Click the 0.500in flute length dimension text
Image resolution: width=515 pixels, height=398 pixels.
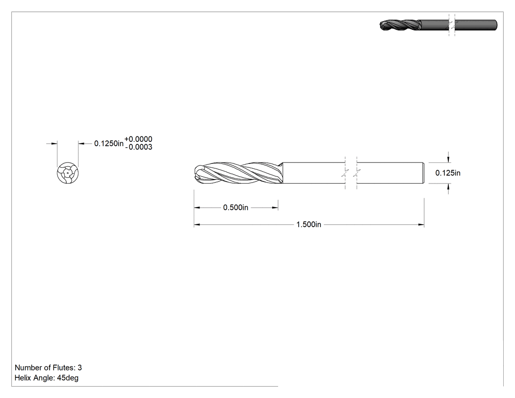coord(235,208)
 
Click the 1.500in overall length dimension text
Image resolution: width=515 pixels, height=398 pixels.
coord(309,224)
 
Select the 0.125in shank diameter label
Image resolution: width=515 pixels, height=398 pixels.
coord(448,173)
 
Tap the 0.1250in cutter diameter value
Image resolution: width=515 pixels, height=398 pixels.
coord(109,143)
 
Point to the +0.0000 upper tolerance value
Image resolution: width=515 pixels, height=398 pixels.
coord(138,139)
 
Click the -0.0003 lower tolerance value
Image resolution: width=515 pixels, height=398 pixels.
coord(139,147)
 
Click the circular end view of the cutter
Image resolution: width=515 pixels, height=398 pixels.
coord(68,173)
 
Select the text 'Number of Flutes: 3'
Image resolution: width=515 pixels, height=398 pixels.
coord(48,368)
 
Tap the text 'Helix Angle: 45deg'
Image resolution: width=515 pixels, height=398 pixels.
coord(47,378)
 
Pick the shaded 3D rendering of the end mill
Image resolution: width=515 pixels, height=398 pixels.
coord(438,25)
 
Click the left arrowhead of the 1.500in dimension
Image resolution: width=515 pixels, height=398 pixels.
coord(197,225)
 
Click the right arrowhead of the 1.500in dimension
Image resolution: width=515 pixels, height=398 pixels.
coord(421,225)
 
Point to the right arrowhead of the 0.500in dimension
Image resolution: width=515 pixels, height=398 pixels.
coord(275,208)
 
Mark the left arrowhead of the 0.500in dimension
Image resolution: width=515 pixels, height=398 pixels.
coord(197,208)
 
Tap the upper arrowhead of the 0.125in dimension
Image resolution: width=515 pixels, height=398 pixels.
coord(448,159)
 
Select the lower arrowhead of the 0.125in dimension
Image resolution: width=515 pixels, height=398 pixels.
coord(448,186)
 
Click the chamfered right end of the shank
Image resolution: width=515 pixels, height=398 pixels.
coord(423,173)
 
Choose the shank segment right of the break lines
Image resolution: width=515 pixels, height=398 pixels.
coord(390,173)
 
